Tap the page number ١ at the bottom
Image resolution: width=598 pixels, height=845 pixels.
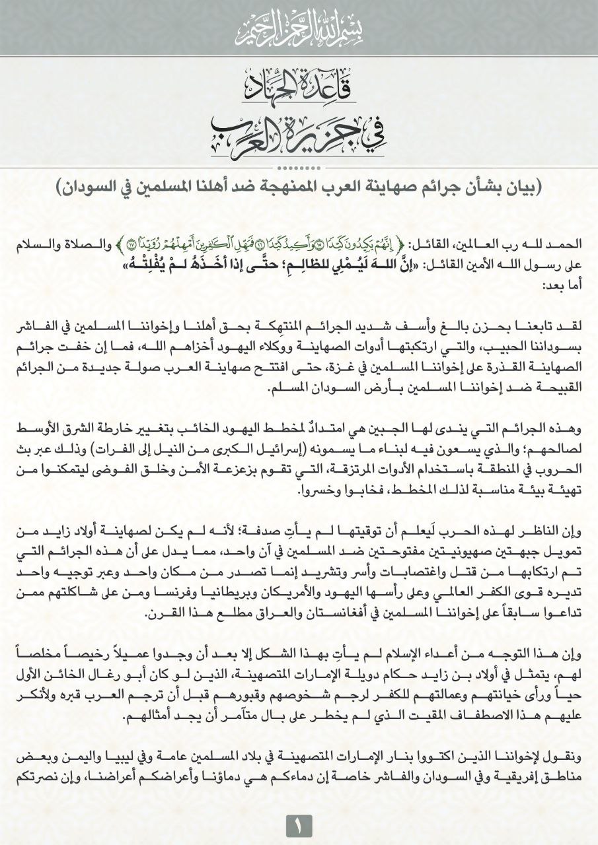click(x=299, y=825)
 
